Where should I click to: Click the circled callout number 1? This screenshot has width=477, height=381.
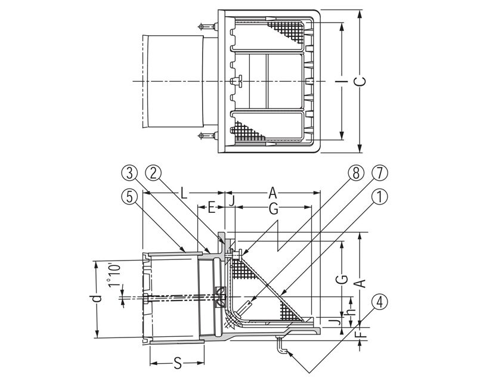(x=379, y=197)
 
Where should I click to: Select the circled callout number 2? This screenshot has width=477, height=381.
(x=153, y=173)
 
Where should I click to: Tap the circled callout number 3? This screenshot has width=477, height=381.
(x=129, y=173)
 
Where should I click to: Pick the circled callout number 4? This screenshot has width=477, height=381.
(x=379, y=302)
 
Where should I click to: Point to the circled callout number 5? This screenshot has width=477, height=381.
(x=129, y=197)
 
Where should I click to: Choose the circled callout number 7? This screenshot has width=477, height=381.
(x=379, y=173)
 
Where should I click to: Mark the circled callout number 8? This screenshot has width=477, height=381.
(x=355, y=173)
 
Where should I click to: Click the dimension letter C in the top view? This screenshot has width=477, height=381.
(x=360, y=82)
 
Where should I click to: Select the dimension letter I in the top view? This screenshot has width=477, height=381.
(x=342, y=81)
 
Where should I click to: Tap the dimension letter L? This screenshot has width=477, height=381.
(x=183, y=193)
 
